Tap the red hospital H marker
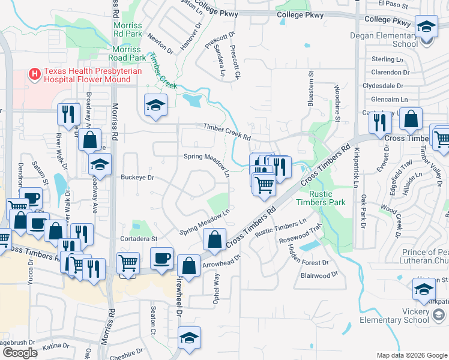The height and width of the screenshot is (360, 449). [35, 74]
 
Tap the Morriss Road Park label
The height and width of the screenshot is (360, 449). [126, 53]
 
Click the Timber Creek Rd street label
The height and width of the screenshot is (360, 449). [227, 131]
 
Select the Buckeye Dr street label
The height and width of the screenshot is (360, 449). [137, 178]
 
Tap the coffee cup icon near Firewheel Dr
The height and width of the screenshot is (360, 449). [161, 258]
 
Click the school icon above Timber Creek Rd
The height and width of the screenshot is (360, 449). [155, 106]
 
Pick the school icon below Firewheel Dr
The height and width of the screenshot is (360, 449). [189, 338]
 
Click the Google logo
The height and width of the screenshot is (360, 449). [20, 353]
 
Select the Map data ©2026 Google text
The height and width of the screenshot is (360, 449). [412, 355]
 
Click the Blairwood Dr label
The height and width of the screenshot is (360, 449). [319, 275]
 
